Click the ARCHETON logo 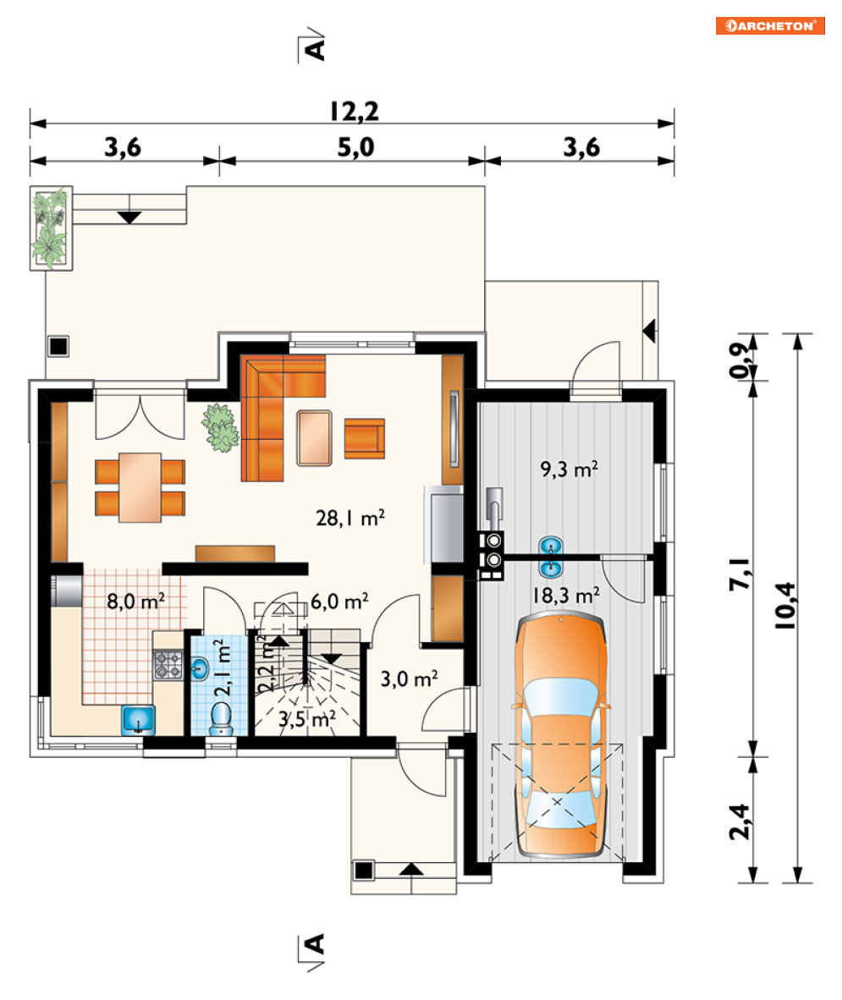tap(770, 25)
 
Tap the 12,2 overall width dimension tap(354, 111)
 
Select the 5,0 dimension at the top tap(355, 147)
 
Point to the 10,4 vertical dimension tap(785, 605)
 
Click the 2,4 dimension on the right tap(740, 821)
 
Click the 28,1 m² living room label tap(350, 517)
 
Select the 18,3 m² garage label tap(566, 595)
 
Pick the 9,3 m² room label tap(569, 469)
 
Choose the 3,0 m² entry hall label tap(409, 679)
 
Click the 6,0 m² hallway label tap(339, 602)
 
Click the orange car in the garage tap(561, 737)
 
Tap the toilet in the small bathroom tap(221, 718)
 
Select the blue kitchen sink tap(138, 719)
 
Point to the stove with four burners tap(168, 664)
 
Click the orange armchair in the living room tap(364, 438)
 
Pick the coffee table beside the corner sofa tap(314, 437)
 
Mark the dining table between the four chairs tap(140, 487)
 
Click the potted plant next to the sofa tap(220, 428)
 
